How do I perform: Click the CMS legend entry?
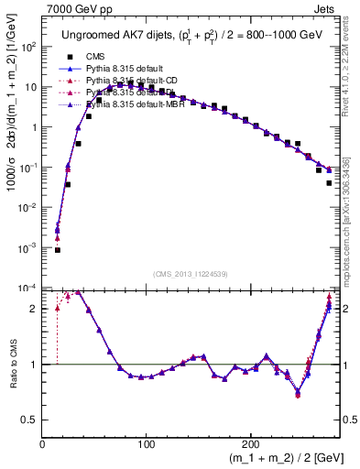[x=95, y=56]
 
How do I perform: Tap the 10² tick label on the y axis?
[x=29, y=46]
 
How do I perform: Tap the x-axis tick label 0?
[x=42, y=443]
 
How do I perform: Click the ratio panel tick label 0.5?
[x=30, y=420]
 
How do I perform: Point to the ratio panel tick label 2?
[x=33, y=309]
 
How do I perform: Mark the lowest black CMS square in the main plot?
[x=57, y=249]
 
